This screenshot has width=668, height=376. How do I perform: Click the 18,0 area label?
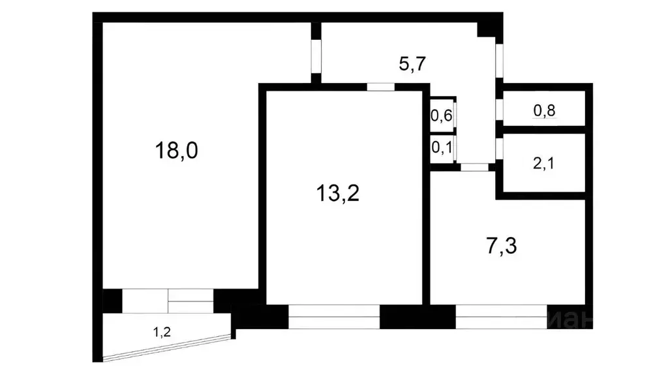(x=175, y=151)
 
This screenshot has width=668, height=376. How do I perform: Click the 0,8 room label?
(x=544, y=111)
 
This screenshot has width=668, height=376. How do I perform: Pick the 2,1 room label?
(x=544, y=163)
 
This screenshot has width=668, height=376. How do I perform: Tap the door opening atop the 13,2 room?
(x=380, y=87)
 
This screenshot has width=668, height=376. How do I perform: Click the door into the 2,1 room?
(x=498, y=148)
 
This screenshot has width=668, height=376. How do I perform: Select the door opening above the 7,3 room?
(x=474, y=167)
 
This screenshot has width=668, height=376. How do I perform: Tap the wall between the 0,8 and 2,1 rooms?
(x=544, y=130)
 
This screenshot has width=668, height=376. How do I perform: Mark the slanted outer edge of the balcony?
(x=168, y=347)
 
